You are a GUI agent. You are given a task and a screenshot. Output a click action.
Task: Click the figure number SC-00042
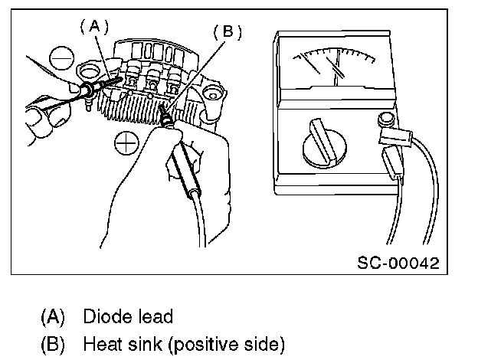pyautogui.click(x=398, y=263)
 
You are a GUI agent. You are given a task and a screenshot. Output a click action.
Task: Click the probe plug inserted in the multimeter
pyautogui.click(x=392, y=163)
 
